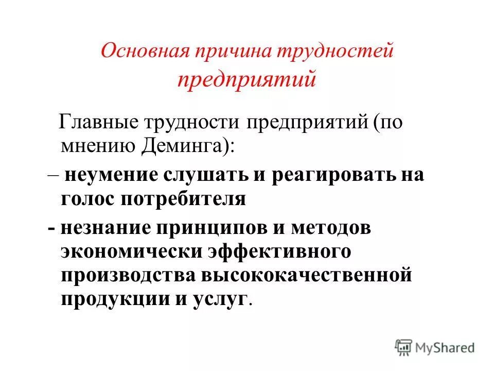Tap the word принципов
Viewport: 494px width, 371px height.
pos(214,227)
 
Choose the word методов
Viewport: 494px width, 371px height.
pos(328,227)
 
